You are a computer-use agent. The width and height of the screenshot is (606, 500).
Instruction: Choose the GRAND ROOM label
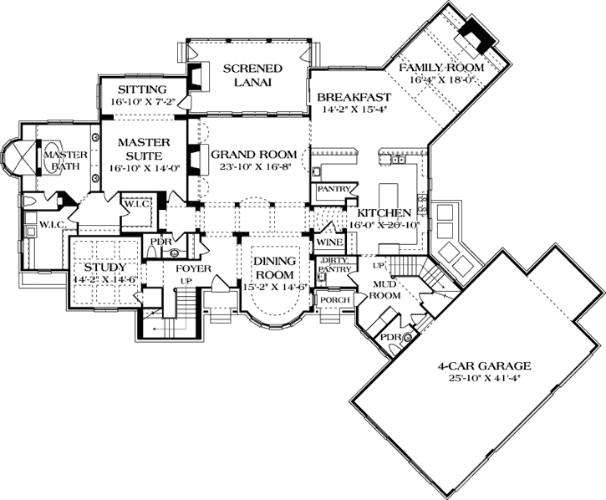tap(253, 154)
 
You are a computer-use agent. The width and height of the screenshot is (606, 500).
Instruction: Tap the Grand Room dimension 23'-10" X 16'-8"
tap(253, 167)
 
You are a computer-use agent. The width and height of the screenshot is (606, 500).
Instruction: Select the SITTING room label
tap(142, 89)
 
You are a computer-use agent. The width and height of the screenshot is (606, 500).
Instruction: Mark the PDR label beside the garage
tap(390, 338)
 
